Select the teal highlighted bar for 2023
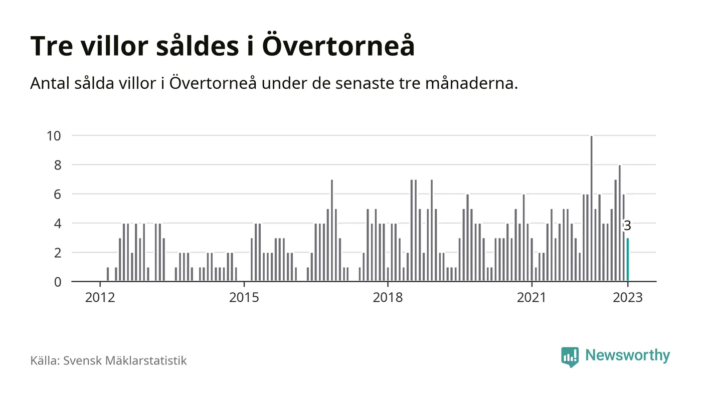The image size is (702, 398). click(x=627, y=260)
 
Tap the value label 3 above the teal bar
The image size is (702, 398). click(x=627, y=226)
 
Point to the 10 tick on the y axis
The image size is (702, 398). click(x=54, y=135)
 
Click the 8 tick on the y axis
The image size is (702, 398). click(x=57, y=165)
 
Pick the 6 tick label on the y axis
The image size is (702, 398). click(x=57, y=194)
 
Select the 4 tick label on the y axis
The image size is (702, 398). click(x=57, y=223)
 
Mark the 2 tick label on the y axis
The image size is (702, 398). click(x=57, y=253)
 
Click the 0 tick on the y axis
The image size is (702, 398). click(x=57, y=282)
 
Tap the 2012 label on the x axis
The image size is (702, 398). click(x=100, y=297)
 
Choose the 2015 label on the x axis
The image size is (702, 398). click(x=244, y=297)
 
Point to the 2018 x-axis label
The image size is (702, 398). click(x=388, y=297)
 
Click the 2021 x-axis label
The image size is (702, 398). click(x=532, y=297)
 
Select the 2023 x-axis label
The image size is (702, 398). click(x=628, y=297)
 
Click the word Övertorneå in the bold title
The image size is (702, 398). click(x=338, y=46)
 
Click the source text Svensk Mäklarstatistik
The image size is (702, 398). click(x=125, y=360)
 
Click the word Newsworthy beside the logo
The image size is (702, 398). click(x=627, y=356)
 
